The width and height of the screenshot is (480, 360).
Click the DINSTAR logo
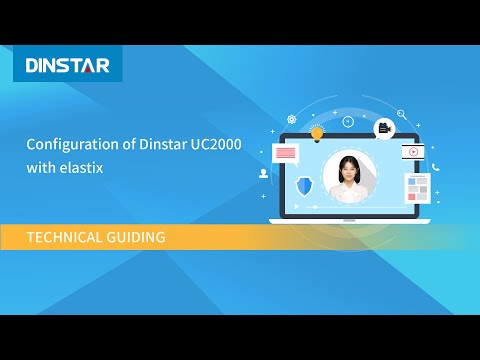[x=67, y=67]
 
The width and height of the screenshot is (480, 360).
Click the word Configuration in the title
[x=66, y=145]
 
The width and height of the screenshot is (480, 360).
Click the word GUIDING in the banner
[x=137, y=237]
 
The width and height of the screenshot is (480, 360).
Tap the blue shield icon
[x=305, y=185]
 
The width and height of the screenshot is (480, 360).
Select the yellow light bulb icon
[x=317, y=132]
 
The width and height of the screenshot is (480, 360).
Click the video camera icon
[x=383, y=127]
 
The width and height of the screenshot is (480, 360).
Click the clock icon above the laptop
[x=348, y=122]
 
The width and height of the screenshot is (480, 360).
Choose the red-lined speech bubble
[x=286, y=154]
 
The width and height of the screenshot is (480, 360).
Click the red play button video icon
[x=411, y=152]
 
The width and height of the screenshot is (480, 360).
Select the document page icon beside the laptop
[x=416, y=187]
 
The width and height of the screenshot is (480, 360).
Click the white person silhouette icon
[x=263, y=172]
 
